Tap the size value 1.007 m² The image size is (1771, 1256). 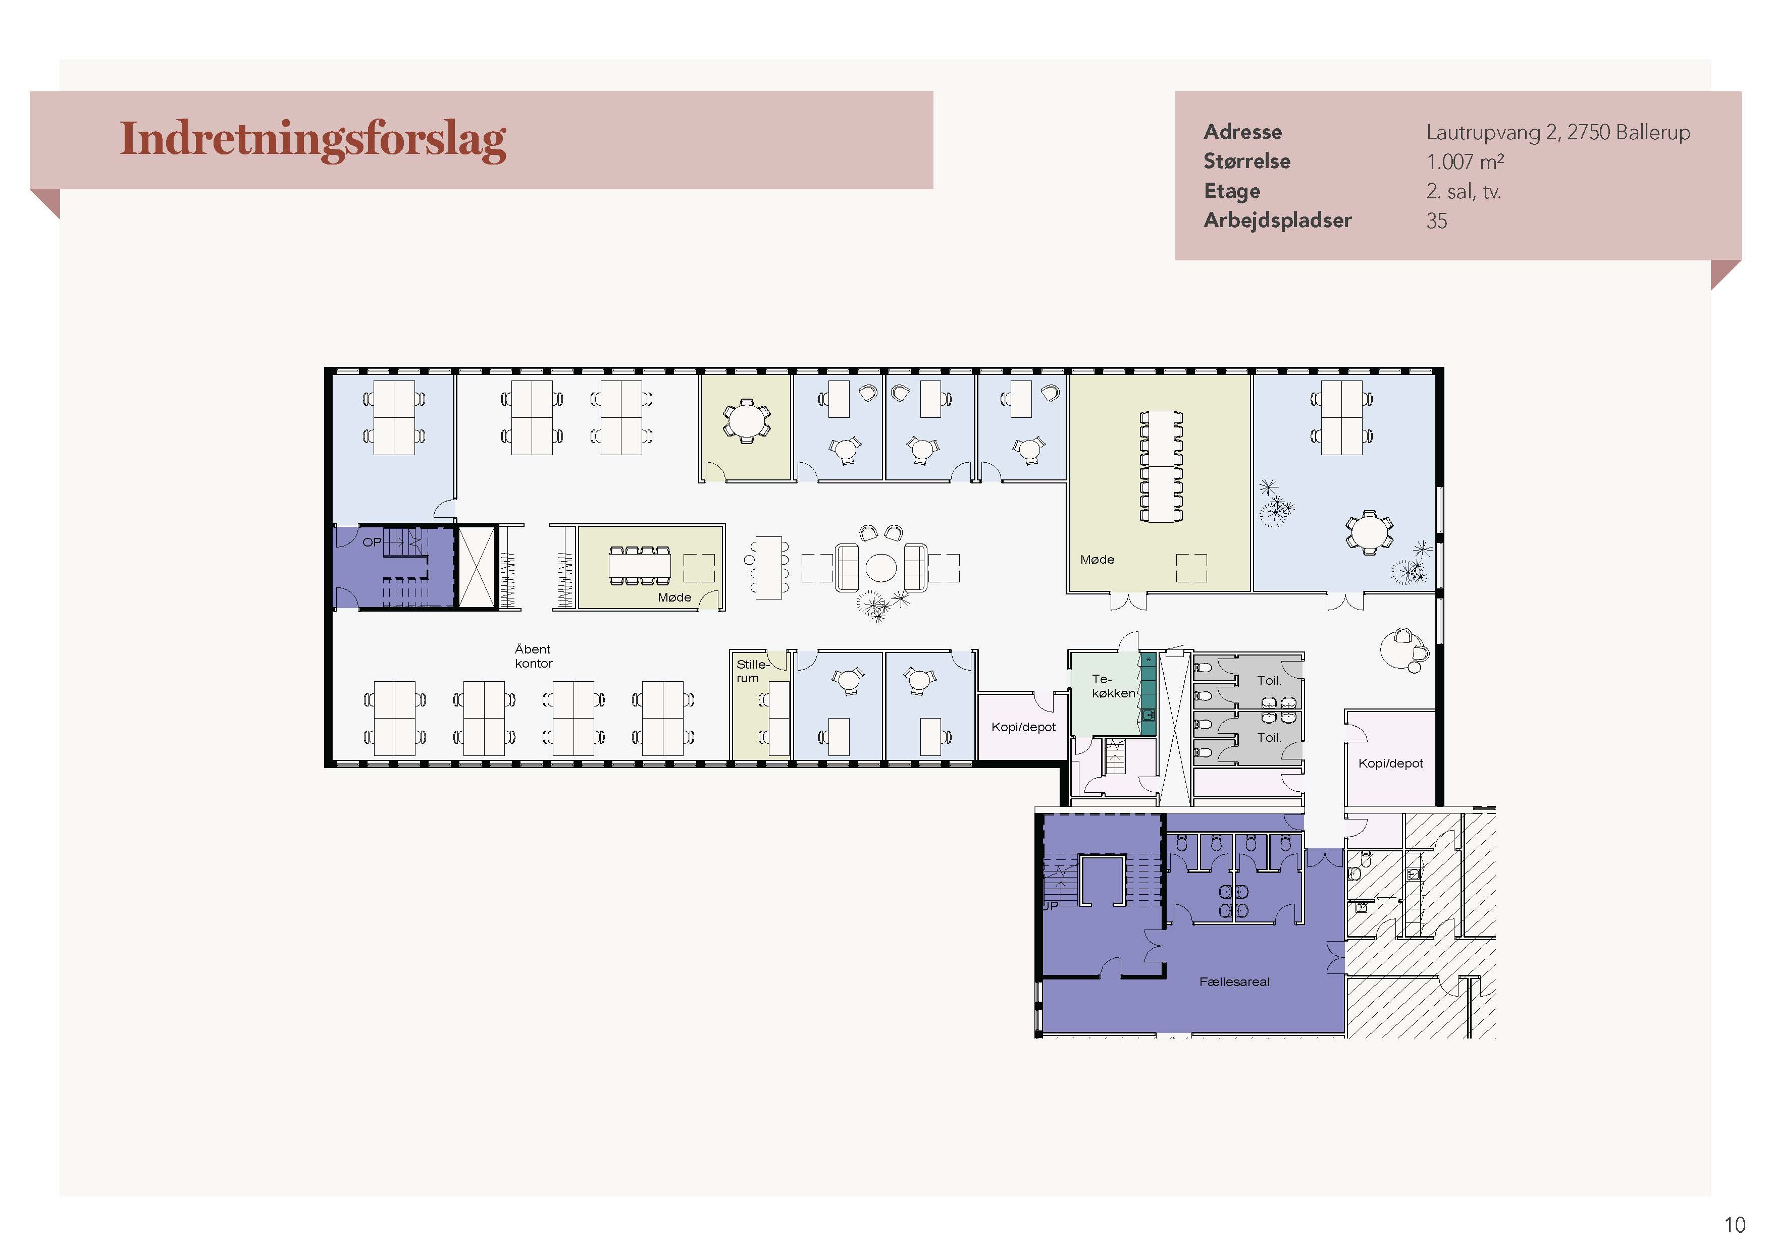pos(1465,161)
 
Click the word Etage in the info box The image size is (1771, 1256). pos(1232,191)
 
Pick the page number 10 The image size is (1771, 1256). pos(1735,1225)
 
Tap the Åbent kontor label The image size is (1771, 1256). pos(533,656)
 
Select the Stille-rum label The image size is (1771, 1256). pos(751,671)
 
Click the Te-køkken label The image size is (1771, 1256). pos(1113,686)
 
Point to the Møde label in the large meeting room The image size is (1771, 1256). pos(1097,559)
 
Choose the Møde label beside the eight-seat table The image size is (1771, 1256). pos(674,597)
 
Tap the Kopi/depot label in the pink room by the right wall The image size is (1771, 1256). pos(1390,763)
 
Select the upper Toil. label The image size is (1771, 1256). pos(1269,681)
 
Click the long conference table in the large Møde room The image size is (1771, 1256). pos(1161,466)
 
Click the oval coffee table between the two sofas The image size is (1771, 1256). pos(880,567)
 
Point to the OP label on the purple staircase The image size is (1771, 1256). pos(372,542)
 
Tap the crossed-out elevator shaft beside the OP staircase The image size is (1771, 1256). pos(477,567)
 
